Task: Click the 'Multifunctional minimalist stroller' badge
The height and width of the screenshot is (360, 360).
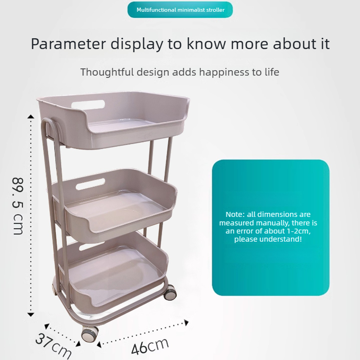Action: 180,9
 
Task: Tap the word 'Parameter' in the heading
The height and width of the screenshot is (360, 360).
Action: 68,44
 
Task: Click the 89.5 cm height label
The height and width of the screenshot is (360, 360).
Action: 18,206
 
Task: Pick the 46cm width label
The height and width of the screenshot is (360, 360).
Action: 150,346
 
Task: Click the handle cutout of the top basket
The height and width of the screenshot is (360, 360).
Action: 88,104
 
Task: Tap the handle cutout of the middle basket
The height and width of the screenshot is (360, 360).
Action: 90,184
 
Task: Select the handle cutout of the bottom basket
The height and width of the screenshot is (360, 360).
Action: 91,246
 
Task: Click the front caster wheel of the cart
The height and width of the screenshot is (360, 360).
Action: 90,333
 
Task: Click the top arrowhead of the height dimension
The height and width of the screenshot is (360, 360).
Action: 31,117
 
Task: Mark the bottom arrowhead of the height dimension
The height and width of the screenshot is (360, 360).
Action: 31,315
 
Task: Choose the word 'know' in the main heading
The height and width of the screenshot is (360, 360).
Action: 206,44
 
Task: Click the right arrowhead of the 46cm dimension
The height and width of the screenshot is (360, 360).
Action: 186,322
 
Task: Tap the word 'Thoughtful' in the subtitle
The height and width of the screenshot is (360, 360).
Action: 107,72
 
